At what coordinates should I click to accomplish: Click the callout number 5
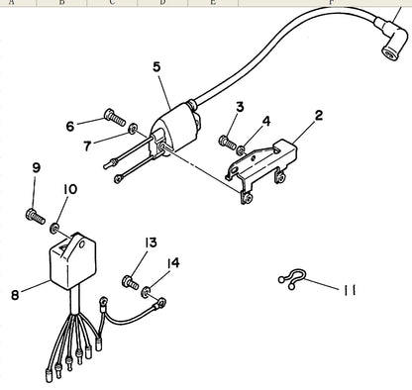[156, 67]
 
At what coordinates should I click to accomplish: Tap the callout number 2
[319, 116]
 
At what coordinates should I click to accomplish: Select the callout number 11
[349, 290]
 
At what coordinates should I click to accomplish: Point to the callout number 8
[15, 295]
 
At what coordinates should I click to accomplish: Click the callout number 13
[151, 243]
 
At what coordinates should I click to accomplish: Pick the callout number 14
[173, 263]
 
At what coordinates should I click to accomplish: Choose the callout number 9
[37, 167]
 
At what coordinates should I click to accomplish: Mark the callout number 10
[70, 189]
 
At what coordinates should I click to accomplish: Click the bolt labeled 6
[115, 118]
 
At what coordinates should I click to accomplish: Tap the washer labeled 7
[133, 128]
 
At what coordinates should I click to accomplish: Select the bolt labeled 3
[228, 143]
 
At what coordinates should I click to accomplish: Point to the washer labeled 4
[241, 150]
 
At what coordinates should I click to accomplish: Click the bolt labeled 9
[35, 216]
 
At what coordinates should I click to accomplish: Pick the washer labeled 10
[54, 228]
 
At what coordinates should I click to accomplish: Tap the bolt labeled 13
[131, 282]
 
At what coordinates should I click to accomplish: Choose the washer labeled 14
[146, 292]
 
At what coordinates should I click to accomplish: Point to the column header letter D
[162, 3]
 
